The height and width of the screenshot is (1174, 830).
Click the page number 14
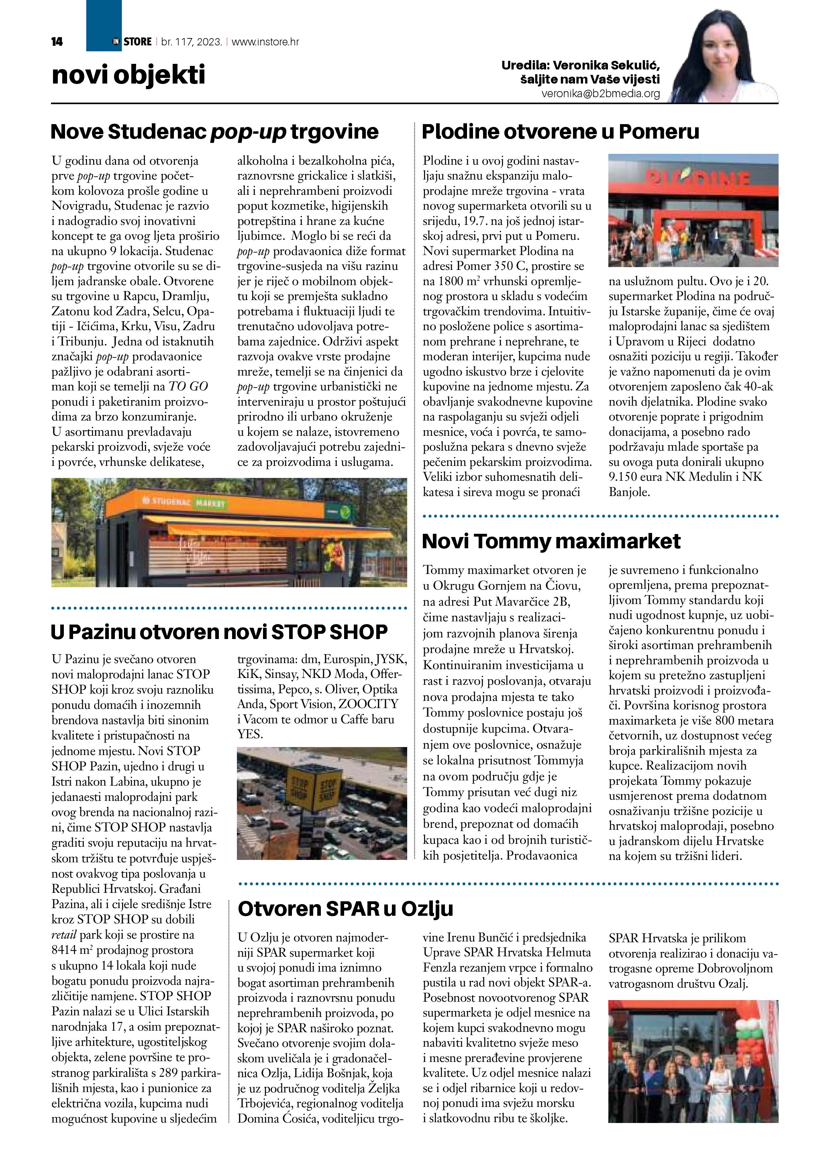click(57, 42)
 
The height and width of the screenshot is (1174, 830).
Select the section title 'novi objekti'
click(128, 75)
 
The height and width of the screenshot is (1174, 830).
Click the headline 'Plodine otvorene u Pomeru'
click(560, 132)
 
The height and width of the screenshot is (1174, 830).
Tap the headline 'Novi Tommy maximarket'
click(551, 541)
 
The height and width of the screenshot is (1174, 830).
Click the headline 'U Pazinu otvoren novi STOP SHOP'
click(219, 633)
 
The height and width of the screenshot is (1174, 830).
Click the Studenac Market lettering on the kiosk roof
click(188, 502)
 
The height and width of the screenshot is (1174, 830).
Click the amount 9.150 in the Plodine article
click(626, 477)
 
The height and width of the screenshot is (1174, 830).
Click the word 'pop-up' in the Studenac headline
click(248, 132)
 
